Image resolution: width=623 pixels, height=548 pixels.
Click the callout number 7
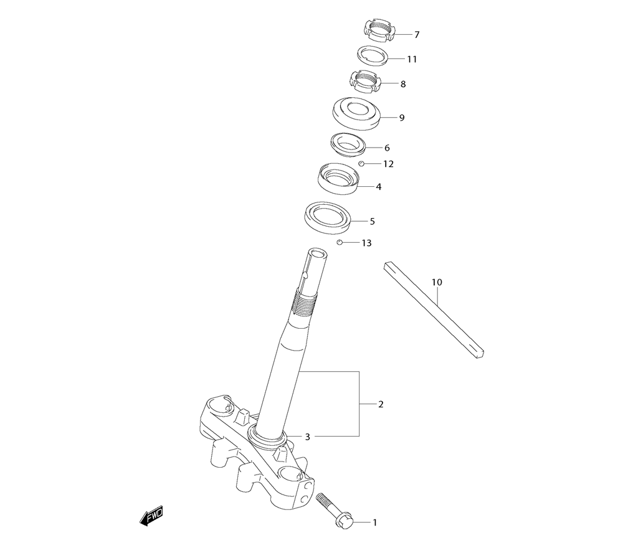[417, 35]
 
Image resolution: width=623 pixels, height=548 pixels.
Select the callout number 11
[412, 59]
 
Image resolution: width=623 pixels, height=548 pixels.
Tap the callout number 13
[366, 243]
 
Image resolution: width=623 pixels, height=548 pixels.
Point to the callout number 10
[437, 282]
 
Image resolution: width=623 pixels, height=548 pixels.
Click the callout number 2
[381, 404]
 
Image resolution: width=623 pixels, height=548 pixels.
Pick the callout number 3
[307, 437]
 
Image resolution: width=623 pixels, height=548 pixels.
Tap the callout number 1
[374, 522]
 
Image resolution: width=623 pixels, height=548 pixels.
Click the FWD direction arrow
[151, 517]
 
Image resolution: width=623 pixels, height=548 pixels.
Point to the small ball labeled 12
[361, 164]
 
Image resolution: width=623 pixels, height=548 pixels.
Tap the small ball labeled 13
[340, 242]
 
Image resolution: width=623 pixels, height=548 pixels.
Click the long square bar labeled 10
[434, 310]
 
